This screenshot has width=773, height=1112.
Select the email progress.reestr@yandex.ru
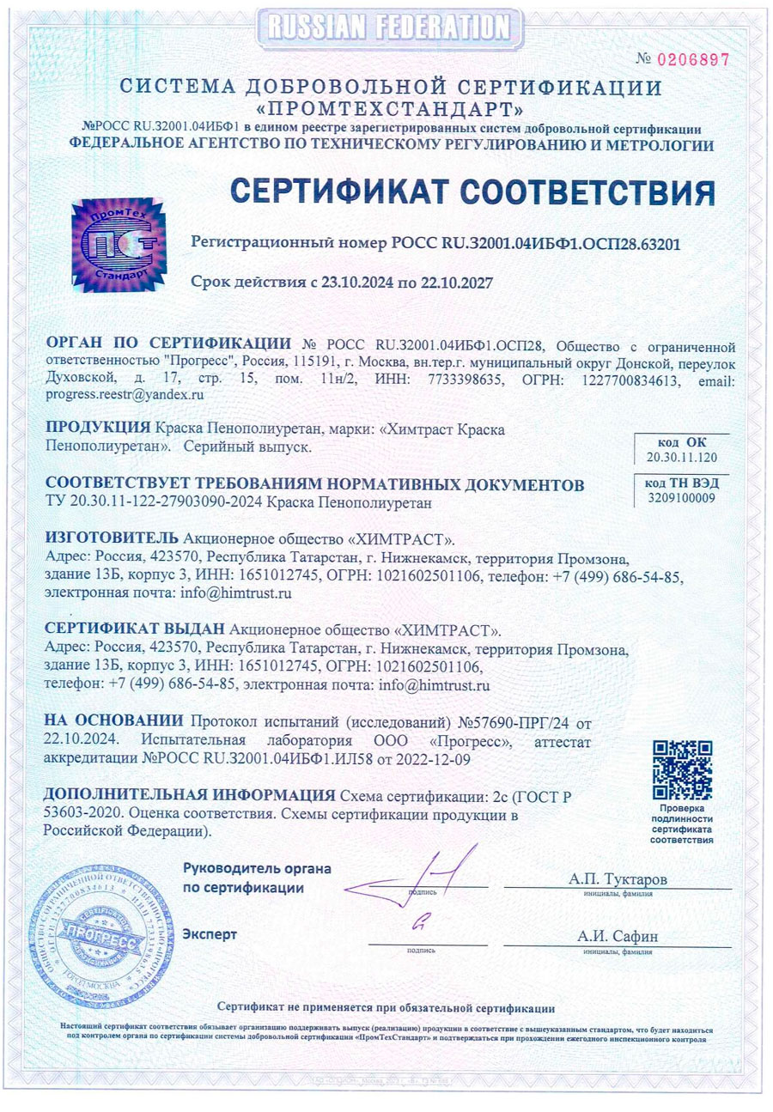[124, 395]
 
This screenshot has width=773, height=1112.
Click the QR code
[683, 768]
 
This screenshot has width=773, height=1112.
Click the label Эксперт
[210, 933]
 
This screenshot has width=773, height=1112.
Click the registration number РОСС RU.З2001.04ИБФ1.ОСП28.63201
[537, 243]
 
